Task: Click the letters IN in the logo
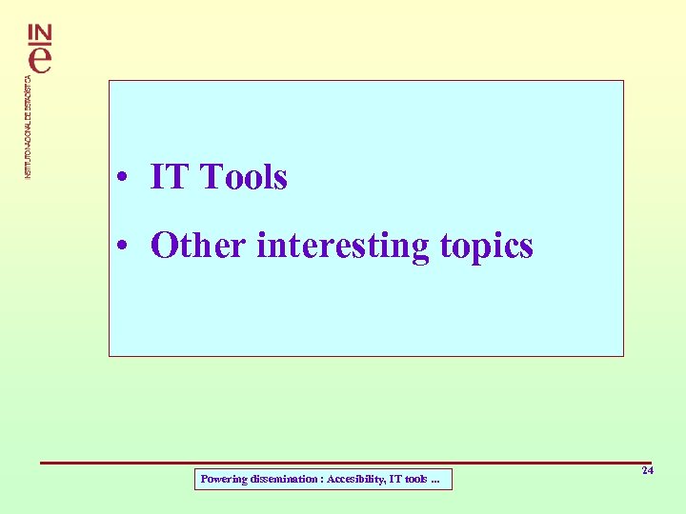pyautogui.click(x=41, y=33)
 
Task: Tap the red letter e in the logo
pyautogui.click(x=41, y=59)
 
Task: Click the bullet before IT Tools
pyautogui.click(x=124, y=178)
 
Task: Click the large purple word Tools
pyautogui.click(x=244, y=177)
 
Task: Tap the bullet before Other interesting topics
pyautogui.click(x=124, y=247)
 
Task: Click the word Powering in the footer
pyautogui.click(x=221, y=480)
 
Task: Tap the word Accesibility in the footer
pyautogui.click(x=356, y=480)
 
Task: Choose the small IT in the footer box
pyautogui.click(x=395, y=480)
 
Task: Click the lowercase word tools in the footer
pyautogui.click(x=415, y=480)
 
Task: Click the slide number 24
pyautogui.click(x=647, y=471)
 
